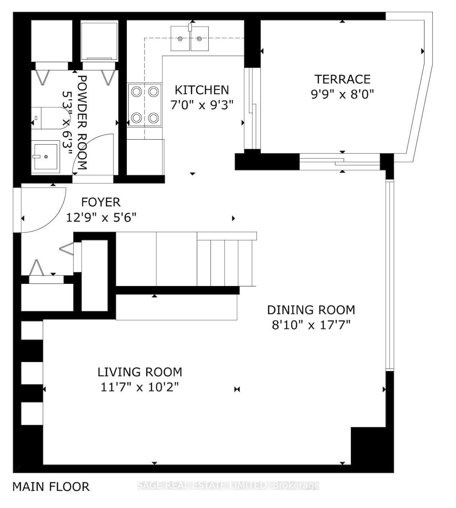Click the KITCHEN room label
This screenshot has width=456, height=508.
tap(202, 90)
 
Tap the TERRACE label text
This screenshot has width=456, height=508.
tap(342, 79)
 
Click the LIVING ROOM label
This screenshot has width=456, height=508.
tap(140, 372)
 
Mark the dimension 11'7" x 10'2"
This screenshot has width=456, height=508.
tap(140, 387)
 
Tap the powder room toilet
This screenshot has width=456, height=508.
tap(50, 118)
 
